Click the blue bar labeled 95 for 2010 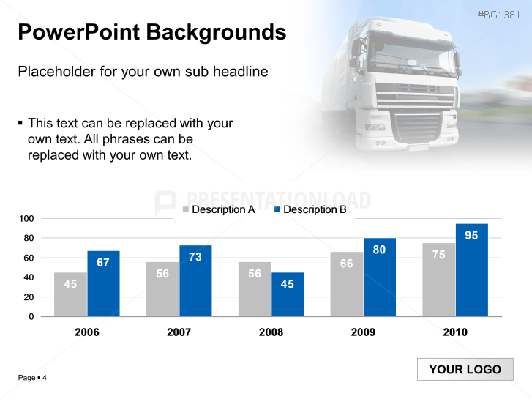471,270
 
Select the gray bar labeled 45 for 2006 70,294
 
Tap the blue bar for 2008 287,294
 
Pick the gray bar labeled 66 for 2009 346,285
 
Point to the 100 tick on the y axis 26,219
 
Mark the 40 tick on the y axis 29,277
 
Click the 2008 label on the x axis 271,332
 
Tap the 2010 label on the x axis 455,332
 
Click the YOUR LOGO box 465,370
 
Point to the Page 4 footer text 32,378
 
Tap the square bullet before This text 20,123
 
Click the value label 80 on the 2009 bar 379,250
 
